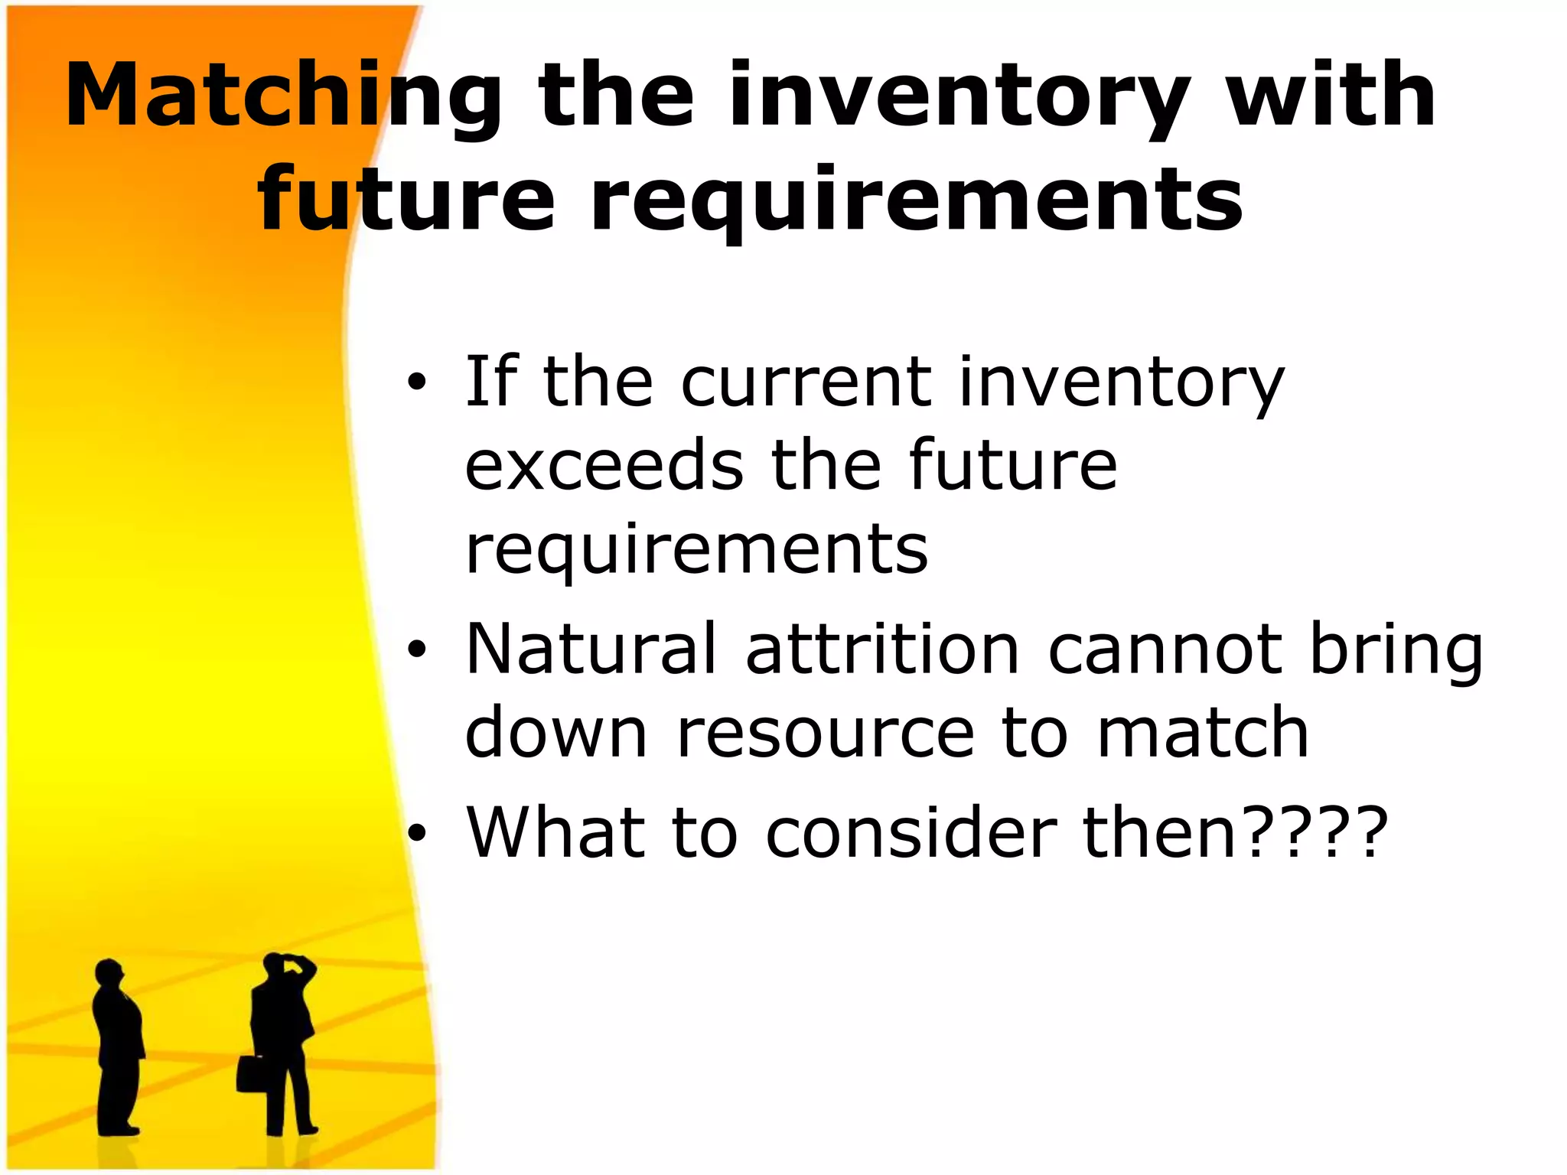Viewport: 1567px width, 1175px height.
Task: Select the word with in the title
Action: [x=1331, y=96]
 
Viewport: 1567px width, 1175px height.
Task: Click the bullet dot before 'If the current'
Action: [x=415, y=382]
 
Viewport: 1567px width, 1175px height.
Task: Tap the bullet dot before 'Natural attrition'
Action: [x=415, y=649]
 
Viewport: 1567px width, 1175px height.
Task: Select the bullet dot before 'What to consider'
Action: [x=415, y=832]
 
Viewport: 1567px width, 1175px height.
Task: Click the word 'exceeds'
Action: [x=604, y=466]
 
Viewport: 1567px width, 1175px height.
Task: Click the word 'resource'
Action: [x=826, y=733]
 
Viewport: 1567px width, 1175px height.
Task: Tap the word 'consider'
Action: [x=911, y=832]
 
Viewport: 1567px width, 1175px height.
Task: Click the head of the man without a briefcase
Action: [x=109, y=974]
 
